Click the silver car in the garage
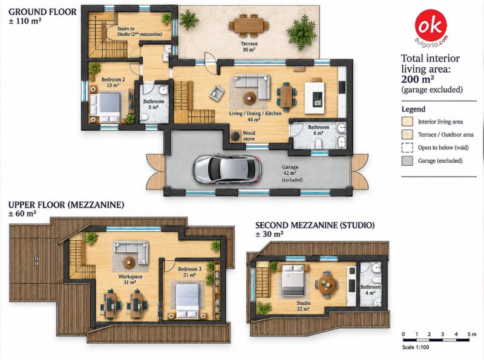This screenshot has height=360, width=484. (x=226, y=169)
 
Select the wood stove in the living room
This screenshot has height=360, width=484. (x=236, y=136)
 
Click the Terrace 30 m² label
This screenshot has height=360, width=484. (x=249, y=47)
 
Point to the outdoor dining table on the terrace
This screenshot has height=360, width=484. (x=249, y=24)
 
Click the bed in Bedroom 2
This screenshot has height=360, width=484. (x=105, y=108)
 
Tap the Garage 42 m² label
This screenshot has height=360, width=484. (x=290, y=170)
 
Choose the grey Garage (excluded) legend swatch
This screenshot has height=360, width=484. (x=407, y=160)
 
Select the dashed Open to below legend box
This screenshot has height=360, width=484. (x=407, y=148)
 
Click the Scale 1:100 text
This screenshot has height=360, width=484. (x=416, y=347)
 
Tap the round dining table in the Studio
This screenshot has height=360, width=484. (x=326, y=284)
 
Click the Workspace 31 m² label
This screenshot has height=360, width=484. (x=130, y=280)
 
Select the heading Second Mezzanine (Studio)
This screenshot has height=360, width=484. (x=315, y=225)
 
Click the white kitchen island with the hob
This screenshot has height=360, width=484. (x=315, y=97)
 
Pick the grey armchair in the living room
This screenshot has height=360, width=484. (x=217, y=93)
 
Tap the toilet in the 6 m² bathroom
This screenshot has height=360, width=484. (x=319, y=143)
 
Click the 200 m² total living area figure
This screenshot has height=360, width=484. (x=417, y=79)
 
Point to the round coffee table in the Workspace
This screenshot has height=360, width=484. (x=129, y=263)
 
